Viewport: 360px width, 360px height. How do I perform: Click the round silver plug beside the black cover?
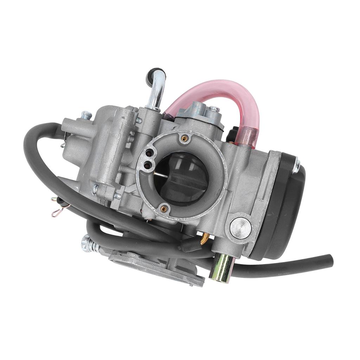(240, 226)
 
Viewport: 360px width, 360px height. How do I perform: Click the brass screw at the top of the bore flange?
(184, 139)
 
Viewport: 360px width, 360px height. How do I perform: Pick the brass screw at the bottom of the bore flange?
(164, 209)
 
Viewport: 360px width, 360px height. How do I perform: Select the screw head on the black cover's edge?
(296, 165)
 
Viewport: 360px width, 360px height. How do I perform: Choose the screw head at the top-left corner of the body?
(86, 115)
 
